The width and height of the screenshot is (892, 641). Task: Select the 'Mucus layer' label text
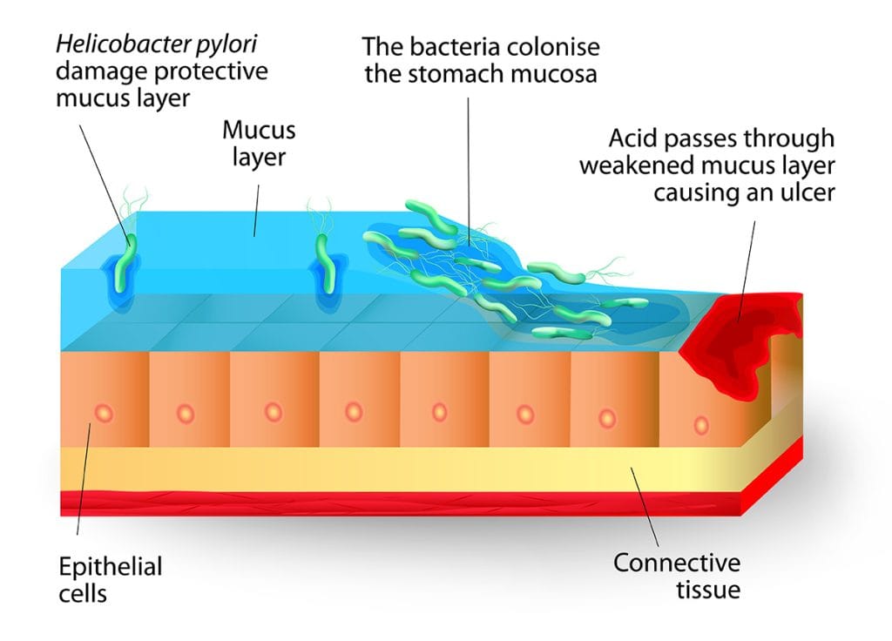[259, 144]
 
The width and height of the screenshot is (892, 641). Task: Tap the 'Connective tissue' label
[677, 576]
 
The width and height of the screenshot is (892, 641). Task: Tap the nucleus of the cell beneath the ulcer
[701, 424]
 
